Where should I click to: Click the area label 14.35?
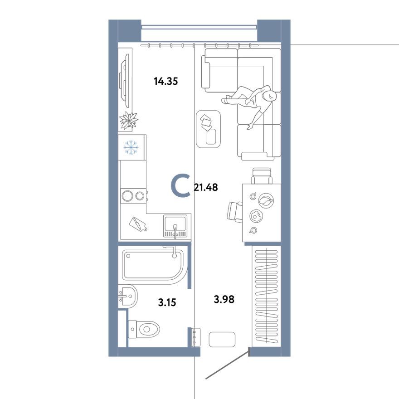pos(165,82)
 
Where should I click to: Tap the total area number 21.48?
pos(206,187)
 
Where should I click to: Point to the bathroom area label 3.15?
pos(167,302)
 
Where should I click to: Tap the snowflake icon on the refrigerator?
pos(131,147)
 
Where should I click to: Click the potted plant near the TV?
pos(128,121)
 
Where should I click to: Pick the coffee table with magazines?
pos(208,129)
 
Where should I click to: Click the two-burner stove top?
pos(133,196)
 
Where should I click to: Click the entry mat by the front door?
pos(222,339)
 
